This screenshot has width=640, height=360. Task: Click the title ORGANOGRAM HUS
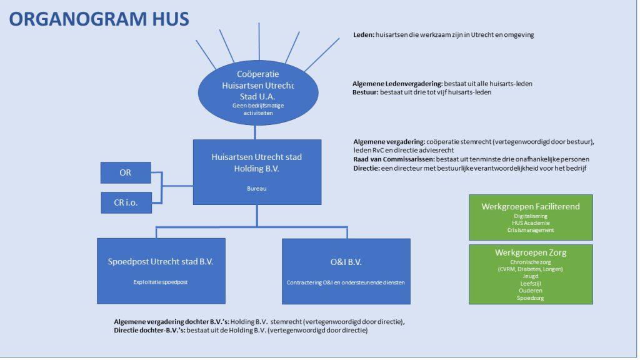coord(99,19)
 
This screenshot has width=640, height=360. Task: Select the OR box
coord(126,172)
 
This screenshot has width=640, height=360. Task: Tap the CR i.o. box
coord(126,202)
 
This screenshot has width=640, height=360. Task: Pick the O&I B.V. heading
coord(346,261)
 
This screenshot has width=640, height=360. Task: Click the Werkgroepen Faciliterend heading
coord(531,206)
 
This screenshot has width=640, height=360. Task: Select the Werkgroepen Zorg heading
coord(531,252)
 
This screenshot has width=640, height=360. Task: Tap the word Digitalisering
coord(531,216)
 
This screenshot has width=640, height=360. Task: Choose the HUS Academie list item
coord(531,222)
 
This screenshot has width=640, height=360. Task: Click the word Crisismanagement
coord(531,230)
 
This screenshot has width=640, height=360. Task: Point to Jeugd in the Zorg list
coord(531,276)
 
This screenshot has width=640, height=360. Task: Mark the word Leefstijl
coord(531,283)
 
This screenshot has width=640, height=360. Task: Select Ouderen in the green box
coord(531,291)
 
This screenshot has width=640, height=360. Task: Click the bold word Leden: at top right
coord(363,35)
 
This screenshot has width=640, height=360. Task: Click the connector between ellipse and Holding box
coord(256,132)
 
